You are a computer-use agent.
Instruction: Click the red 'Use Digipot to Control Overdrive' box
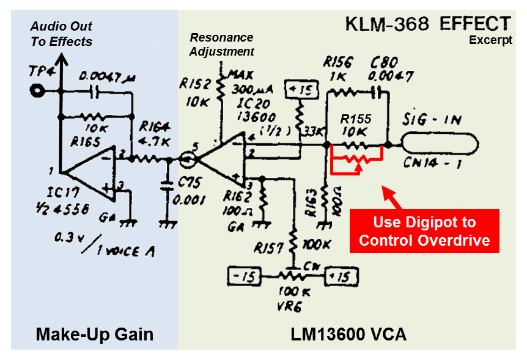tap(424, 231)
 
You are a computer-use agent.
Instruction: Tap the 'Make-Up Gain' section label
tap(94, 334)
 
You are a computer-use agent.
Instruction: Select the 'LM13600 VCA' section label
tap(348, 334)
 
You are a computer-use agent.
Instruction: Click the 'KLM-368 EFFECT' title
tap(427, 24)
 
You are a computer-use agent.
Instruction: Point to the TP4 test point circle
tap(39, 92)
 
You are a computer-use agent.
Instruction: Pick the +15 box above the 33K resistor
tap(299, 90)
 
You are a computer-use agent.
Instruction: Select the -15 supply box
tap(243, 275)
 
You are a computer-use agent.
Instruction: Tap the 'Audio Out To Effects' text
tap(61, 34)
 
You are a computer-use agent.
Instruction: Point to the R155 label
tap(355, 120)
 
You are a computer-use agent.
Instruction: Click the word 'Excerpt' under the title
tap(490, 40)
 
